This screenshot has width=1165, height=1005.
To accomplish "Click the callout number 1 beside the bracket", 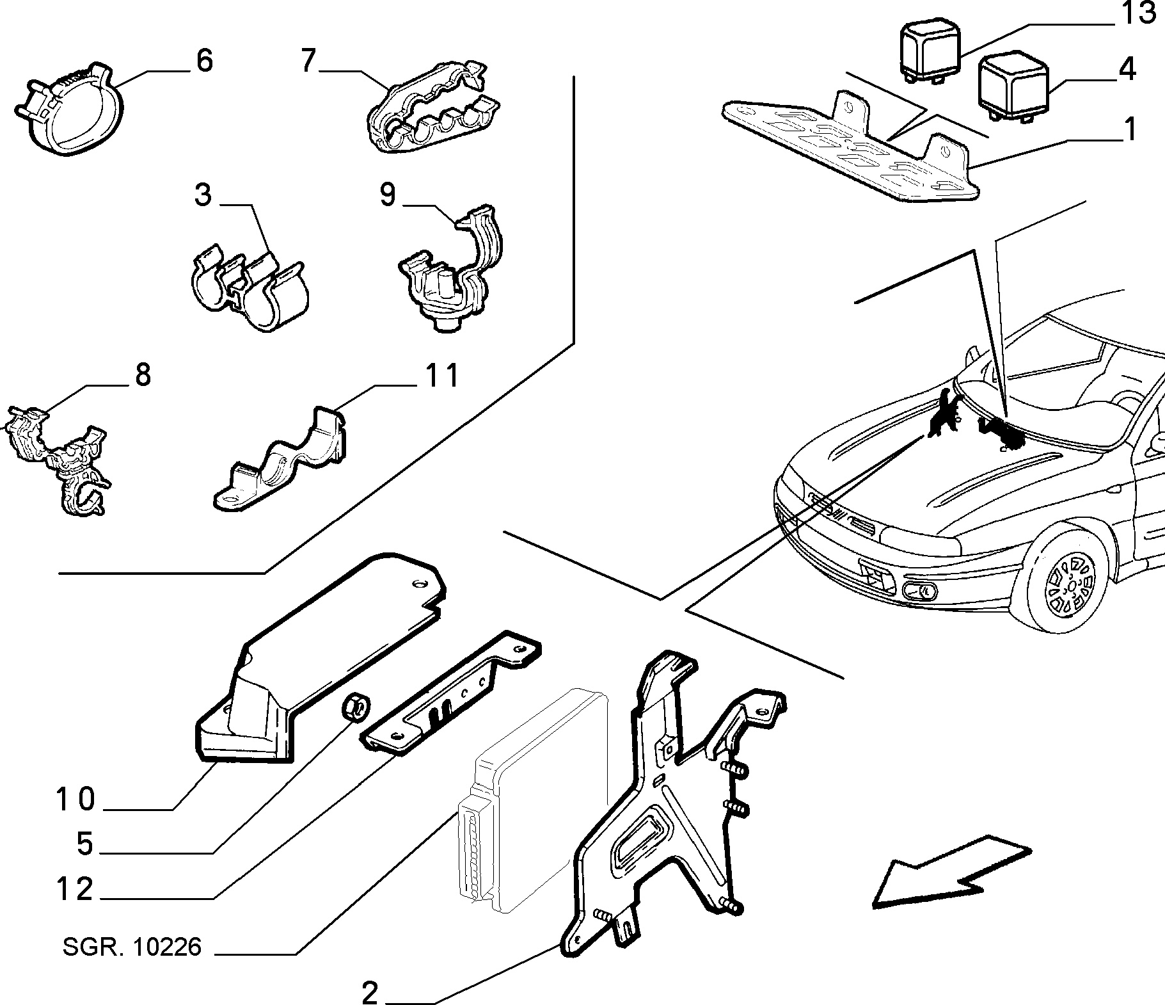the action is (1130, 129).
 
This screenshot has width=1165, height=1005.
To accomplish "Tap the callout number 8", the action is (142, 374).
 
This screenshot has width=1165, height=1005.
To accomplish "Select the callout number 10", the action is (75, 800).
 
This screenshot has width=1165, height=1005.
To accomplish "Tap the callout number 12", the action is (75, 889).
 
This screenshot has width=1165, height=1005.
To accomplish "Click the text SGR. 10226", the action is (132, 946).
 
